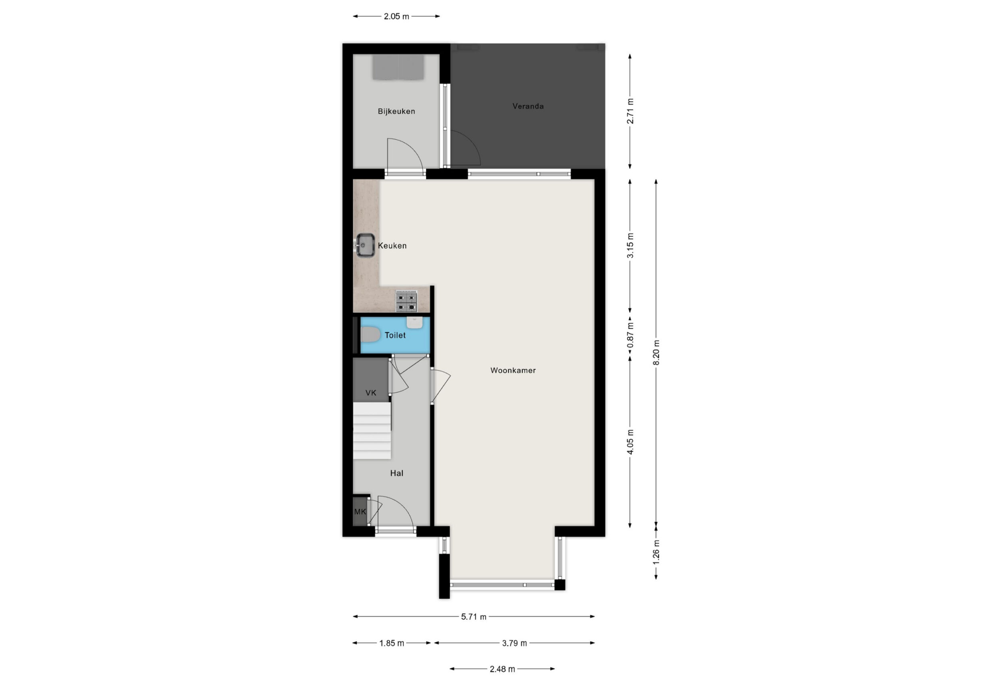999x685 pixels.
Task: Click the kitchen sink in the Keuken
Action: tap(364, 245)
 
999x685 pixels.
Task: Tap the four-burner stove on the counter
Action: tap(406, 301)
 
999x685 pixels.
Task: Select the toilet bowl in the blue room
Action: tap(370, 335)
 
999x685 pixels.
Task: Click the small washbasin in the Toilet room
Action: tap(415, 323)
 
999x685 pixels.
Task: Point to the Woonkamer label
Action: tap(513, 370)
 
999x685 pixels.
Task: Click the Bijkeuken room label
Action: tap(396, 112)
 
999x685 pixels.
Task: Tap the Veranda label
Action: tap(528, 106)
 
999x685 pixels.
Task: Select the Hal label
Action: tap(396, 474)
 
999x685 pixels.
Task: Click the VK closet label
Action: tap(370, 392)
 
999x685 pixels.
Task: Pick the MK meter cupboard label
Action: tap(360, 512)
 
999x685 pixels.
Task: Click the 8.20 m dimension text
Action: tap(656, 352)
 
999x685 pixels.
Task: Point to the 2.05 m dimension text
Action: tap(396, 16)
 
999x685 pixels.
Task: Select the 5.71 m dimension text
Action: tap(474, 617)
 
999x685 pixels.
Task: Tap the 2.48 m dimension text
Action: tap(502, 669)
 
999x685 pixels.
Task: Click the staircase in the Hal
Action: tap(372, 430)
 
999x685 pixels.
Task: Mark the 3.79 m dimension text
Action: tap(514, 643)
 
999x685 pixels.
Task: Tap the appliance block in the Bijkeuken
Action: tap(398, 67)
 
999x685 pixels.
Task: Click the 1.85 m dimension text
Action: tap(392, 643)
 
